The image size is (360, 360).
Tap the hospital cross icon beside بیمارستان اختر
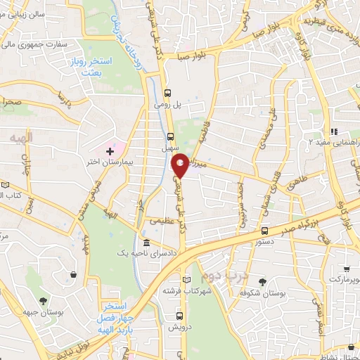pyautogui.click(x=109, y=150)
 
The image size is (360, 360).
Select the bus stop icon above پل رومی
pyautogui.click(x=167, y=92)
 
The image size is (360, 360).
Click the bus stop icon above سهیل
pyautogui.click(x=171, y=136)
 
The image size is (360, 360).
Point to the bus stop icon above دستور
pyautogui.click(x=264, y=231)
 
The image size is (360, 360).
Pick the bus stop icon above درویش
pyautogui.click(x=180, y=316)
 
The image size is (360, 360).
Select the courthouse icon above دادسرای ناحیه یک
pyautogui.click(x=146, y=242)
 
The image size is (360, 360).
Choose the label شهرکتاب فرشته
pyautogui.click(x=183, y=290)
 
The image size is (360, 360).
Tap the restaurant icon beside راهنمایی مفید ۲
pyautogui.click(x=335, y=131)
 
